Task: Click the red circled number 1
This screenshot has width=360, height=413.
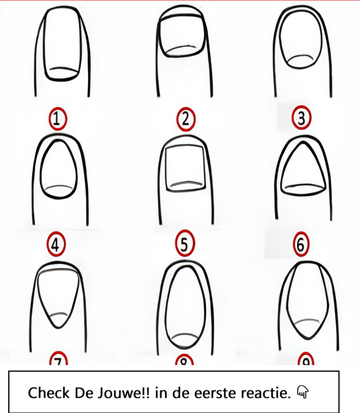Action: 57,119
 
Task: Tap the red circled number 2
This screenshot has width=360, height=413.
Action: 186,119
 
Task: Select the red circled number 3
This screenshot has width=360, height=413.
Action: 302,118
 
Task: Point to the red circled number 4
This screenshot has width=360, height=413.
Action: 55,244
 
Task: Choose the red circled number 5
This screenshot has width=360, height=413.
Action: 185,243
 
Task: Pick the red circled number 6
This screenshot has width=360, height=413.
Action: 301,244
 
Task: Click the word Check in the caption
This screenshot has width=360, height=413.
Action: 49,393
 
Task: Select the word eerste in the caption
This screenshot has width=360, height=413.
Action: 216,393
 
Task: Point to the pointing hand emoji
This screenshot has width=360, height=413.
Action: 303,392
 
